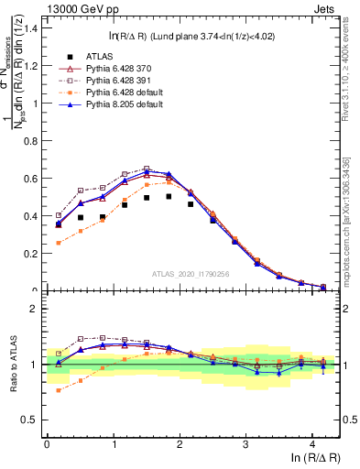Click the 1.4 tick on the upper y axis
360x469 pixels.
coord(29,28)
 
